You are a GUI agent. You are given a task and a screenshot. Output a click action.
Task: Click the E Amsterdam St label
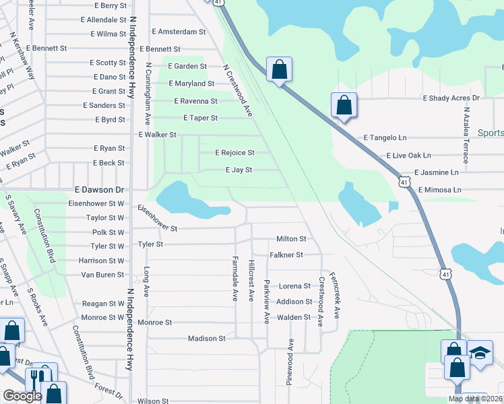pos(179,32)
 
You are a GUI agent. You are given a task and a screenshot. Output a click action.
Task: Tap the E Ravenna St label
pos(195,101)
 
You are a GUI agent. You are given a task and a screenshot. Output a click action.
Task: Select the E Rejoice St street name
pos(234,153)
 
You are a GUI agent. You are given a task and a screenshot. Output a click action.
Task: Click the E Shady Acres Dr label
pos(451,98)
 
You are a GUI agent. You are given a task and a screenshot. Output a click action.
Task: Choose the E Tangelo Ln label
pos(385,137)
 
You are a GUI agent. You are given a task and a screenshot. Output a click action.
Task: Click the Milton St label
pos(292,239)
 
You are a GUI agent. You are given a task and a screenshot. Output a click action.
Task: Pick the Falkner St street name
pos(286,255)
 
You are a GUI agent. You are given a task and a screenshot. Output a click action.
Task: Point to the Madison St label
pos(207,339)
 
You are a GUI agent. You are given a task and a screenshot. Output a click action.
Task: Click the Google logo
pos(22,396)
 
